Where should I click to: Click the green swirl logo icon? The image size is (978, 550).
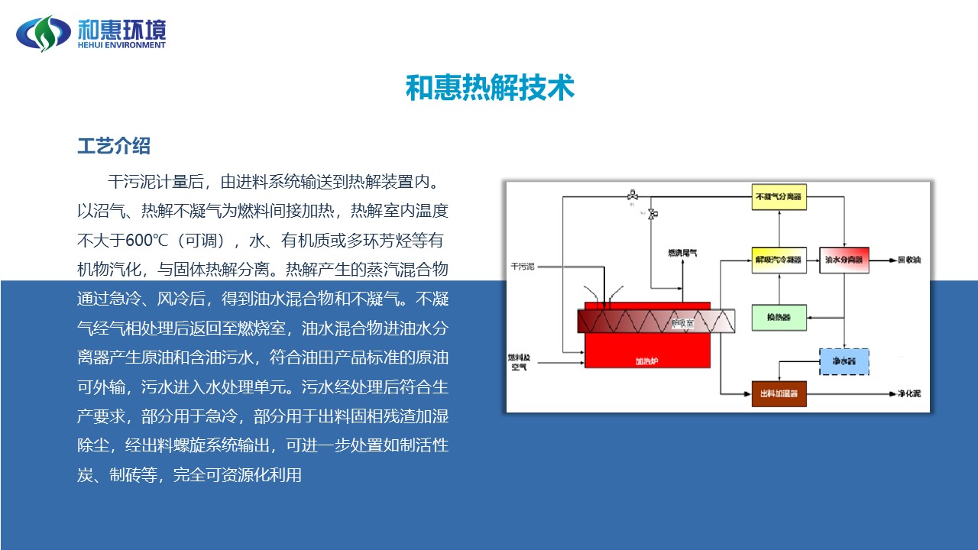coord(44,33)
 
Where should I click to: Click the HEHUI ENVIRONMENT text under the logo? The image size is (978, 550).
coord(121,45)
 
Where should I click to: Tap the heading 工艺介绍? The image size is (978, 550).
coord(114,146)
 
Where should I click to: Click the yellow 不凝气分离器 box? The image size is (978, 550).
coord(779,196)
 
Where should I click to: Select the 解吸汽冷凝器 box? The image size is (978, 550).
coord(779,260)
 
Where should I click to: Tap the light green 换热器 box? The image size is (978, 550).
coord(779,317)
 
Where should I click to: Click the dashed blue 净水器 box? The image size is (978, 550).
coord(844,361)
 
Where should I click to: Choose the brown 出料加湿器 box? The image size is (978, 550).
coord(779,393)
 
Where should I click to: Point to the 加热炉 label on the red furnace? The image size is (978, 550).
coord(646,361)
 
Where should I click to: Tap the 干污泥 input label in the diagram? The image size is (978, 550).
coord(523,267)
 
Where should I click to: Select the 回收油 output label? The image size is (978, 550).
coord(909,260)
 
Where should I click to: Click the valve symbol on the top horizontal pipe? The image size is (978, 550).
coord(632,195)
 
